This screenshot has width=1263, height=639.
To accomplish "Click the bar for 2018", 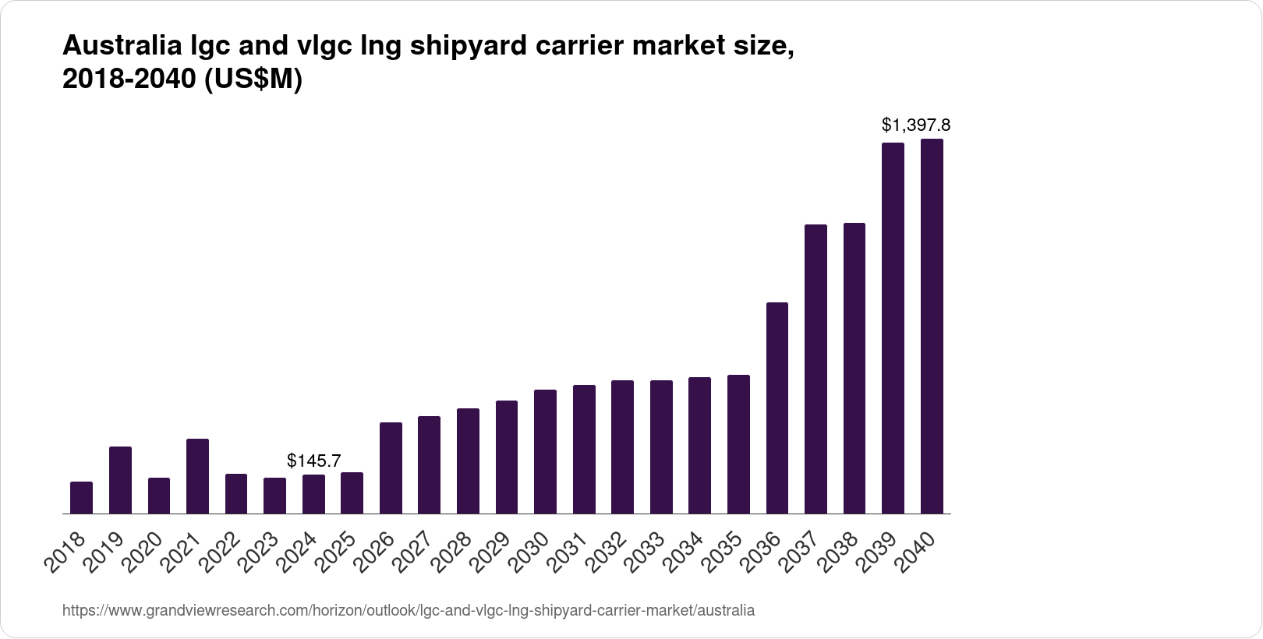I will (81, 498).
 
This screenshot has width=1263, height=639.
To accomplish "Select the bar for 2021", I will (197, 476).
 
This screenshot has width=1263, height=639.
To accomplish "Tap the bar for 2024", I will (313, 494).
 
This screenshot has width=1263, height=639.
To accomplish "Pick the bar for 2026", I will (391, 468).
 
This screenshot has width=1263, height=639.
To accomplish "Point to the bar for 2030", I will (545, 452).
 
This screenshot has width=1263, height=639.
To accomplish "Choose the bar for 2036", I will (777, 408).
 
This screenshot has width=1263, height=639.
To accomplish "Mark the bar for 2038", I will (854, 369).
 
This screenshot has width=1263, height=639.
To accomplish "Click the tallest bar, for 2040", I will (932, 327).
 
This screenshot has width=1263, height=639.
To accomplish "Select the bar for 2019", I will (120, 480).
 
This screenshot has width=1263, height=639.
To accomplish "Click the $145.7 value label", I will (313, 461).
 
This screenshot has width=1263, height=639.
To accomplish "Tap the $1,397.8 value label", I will (915, 125).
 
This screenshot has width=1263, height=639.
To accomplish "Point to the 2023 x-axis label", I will (264, 553).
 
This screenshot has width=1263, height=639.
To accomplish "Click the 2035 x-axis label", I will (727, 553).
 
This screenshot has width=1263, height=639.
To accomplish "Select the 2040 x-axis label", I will (921, 553).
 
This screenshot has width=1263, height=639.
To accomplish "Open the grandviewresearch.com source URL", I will (408, 610).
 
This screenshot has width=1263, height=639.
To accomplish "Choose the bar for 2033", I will (661, 447).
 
